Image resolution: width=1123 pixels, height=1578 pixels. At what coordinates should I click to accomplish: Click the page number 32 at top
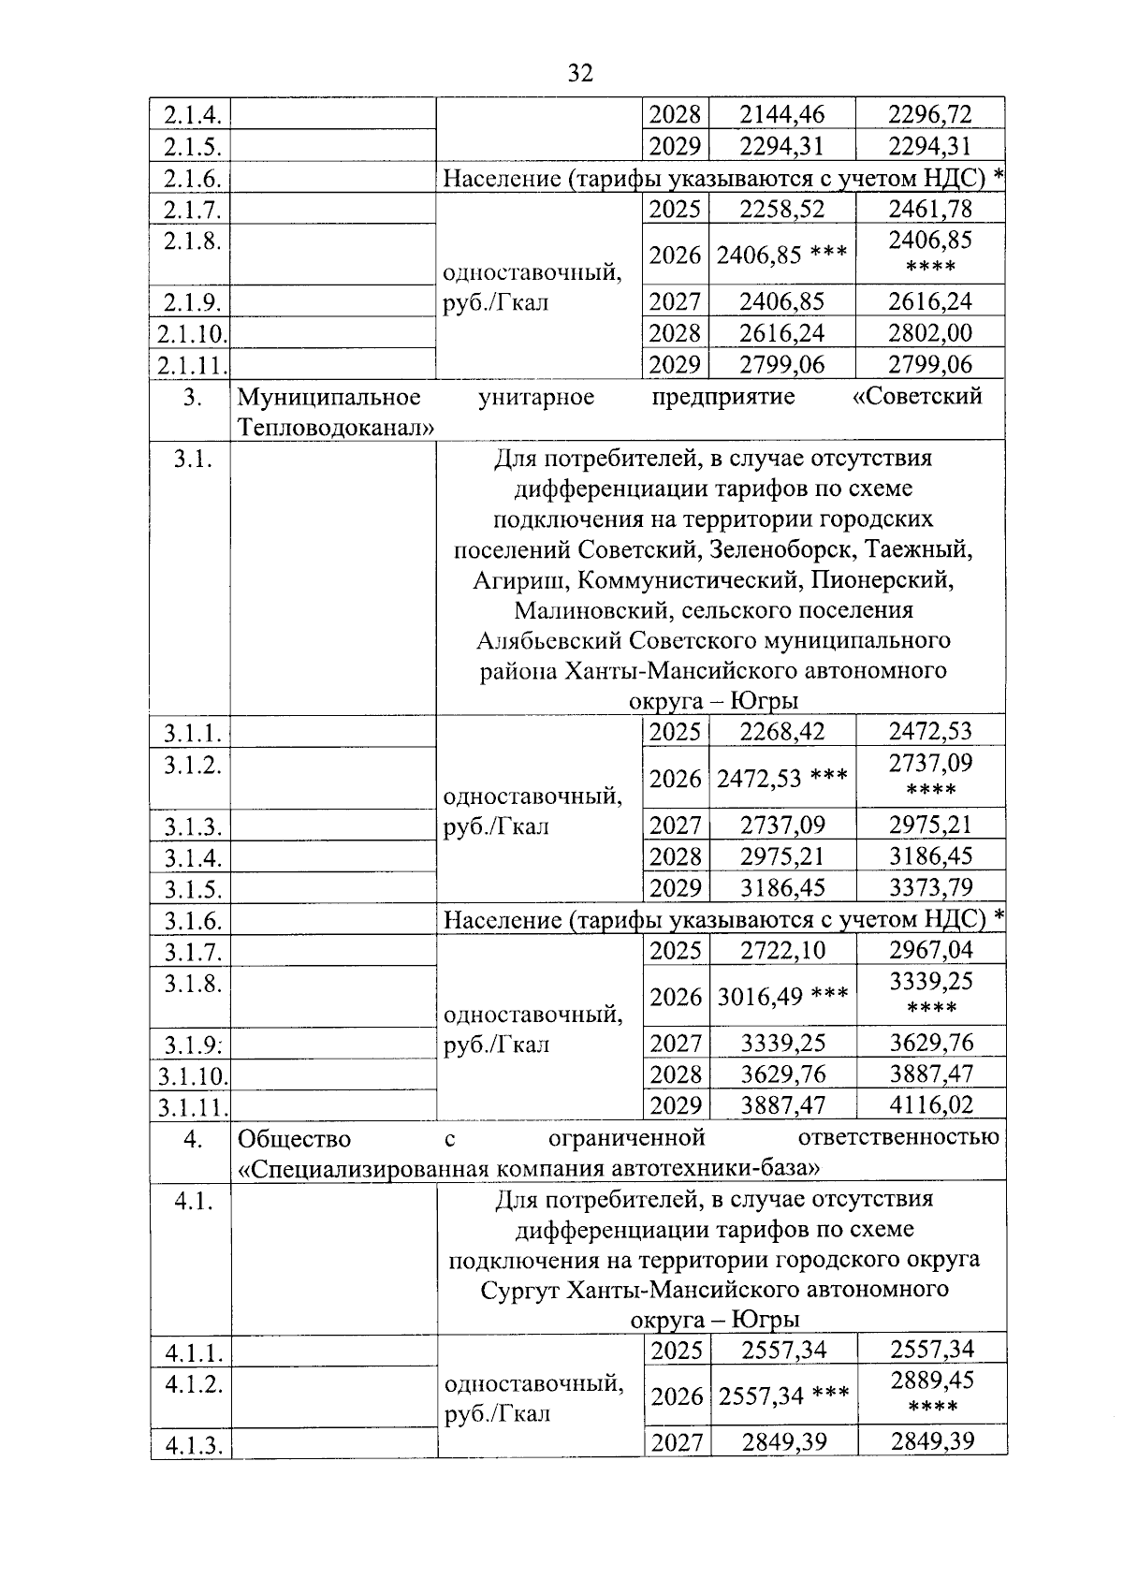pos(580,73)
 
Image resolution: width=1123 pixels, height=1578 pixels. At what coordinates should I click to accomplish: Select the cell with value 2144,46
pos(781,114)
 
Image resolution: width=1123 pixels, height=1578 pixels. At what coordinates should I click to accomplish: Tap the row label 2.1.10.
pos(191,333)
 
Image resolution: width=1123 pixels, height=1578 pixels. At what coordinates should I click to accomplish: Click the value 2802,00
pos(930,332)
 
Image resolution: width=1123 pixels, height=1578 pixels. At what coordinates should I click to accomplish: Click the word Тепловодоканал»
pos(336,428)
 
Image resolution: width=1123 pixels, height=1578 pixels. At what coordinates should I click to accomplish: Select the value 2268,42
pos(782,731)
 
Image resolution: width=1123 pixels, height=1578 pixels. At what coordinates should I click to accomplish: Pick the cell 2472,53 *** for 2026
pos(781,779)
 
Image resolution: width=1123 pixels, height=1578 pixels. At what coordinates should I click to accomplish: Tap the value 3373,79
pos(930,886)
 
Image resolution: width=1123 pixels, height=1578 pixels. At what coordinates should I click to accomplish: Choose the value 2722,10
pos(782,950)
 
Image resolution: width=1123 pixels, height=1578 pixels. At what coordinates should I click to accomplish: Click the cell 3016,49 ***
pos(782,997)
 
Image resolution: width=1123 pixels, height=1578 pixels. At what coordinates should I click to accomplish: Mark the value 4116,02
pos(930,1104)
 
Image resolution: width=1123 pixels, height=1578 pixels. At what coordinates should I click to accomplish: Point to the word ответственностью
pos(897,1138)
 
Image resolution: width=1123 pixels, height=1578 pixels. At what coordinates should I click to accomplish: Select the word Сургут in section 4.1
pos(519,1290)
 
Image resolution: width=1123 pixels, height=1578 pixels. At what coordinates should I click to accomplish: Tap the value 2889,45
pos(931,1380)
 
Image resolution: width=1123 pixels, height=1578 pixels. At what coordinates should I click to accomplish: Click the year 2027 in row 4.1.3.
pos(677,1442)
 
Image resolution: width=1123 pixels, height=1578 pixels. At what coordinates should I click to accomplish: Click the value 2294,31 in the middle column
pos(781,146)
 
